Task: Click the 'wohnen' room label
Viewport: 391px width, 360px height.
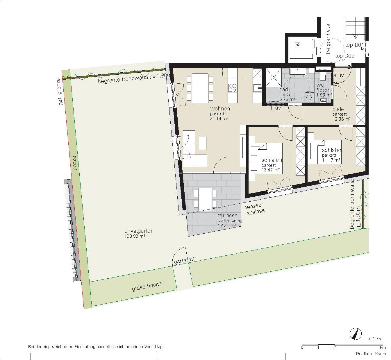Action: click(220, 109)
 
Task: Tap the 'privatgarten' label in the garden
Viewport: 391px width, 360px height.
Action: click(139, 231)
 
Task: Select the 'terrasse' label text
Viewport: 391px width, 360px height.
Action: click(228, 216)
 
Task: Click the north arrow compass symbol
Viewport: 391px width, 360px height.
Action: click(356, 334)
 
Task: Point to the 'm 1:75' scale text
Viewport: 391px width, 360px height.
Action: click(374, 338)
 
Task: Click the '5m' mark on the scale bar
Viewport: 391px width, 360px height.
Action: click(383, 348)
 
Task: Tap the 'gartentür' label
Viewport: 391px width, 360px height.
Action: click(185, 260)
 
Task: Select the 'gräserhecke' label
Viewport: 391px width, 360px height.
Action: click(147, 286)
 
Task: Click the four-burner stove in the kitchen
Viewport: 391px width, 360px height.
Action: click(232, 88)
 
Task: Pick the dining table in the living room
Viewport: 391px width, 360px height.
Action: click(200, 88)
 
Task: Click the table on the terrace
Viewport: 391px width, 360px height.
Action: click(205, 199)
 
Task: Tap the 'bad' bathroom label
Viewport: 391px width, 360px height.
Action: click(283, 89)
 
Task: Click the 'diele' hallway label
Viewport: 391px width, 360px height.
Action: click(338, 109)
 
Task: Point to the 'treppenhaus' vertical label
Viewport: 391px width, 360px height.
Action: click(328, 39)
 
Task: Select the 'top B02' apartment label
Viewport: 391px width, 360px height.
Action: click(344, 56)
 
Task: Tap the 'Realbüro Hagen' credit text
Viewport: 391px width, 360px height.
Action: click(371, 354)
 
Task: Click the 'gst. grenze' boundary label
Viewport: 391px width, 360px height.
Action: click(60, 92)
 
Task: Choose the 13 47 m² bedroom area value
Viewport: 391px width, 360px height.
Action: click(270, 170)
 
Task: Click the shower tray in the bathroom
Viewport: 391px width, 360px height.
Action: click(274, 77)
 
